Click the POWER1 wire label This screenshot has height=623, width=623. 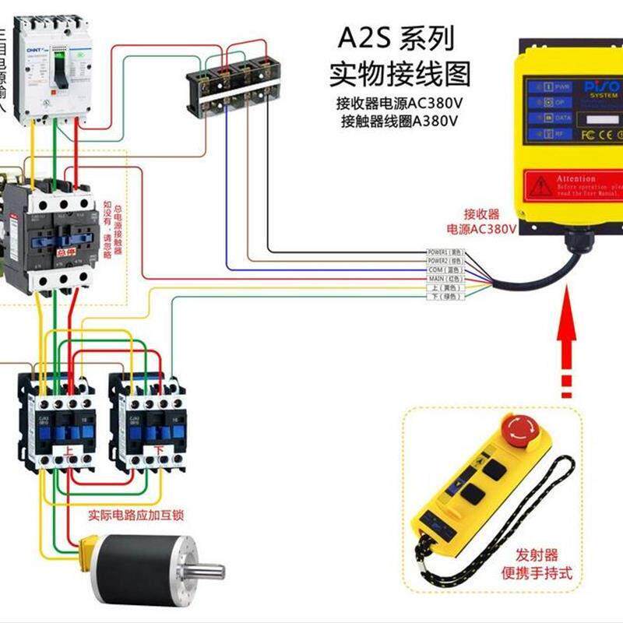pos(445,252)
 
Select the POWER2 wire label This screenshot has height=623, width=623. pos(445,261)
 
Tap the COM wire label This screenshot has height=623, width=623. pos(445,269)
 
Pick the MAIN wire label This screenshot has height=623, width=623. pos(445,278)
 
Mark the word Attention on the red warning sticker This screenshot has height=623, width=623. pos(576,178)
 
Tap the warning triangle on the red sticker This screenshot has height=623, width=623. pos(541,186)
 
